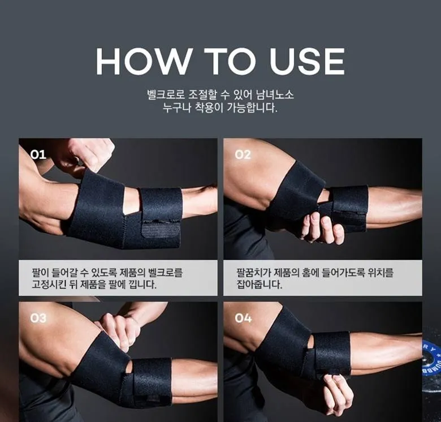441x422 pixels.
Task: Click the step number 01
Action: (38, 154)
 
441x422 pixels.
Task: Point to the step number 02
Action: (243, 154)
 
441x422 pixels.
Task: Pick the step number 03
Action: (38, 318)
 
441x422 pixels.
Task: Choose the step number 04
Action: (243, 318)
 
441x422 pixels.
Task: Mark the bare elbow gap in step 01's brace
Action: (131, 201)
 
